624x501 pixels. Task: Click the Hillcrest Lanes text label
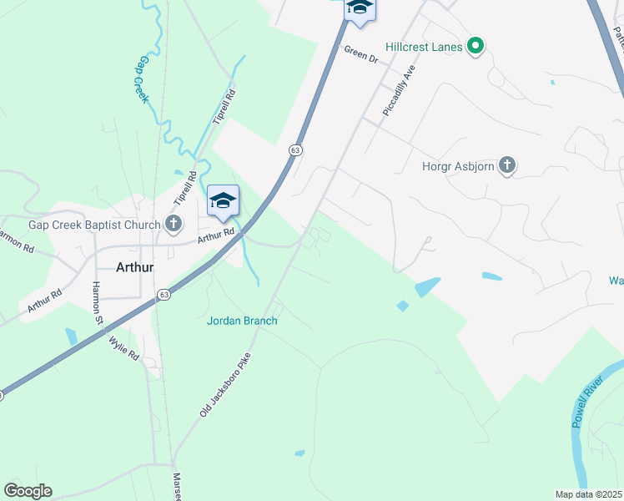click(424, 47)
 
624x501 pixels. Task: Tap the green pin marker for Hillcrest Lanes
click(476, 46)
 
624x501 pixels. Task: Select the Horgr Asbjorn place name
click(459, 165)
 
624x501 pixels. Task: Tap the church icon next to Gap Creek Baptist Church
click(174, 223)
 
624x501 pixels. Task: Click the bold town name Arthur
click(134, 267)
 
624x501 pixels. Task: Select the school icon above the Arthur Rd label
click(223, 200)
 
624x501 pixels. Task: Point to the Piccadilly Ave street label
click(397, 91)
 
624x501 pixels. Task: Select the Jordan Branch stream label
click(242, 320)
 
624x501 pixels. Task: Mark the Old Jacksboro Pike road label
click(225, 384)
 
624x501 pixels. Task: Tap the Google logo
click(28, 491)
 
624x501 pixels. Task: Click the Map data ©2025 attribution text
click(588, 494)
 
